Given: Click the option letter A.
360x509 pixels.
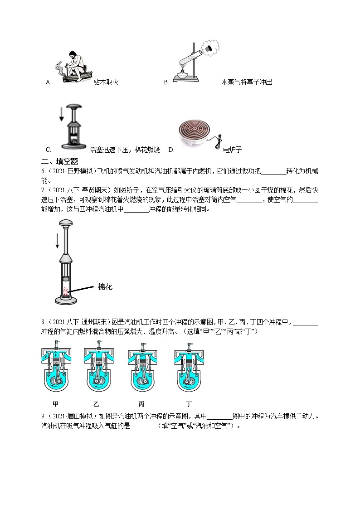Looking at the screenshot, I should pos(49,82).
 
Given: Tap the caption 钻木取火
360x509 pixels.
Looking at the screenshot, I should pos(106,82).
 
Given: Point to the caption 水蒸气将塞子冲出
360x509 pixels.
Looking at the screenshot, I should pos(247,82).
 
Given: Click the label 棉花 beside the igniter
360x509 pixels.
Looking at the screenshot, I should pos(105,286).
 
